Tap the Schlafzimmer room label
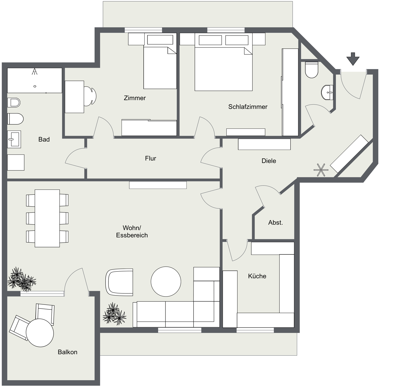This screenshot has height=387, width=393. [x=248, y=107]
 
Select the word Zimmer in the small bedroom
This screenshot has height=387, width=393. [x=135, y=98]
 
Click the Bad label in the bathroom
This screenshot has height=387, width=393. [x=44, y=139]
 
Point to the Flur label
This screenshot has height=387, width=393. [x=150, y=158]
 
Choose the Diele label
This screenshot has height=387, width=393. [x=269, y=161]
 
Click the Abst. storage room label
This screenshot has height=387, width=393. [x=275, y=223]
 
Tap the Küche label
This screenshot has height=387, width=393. [x=257, y=276]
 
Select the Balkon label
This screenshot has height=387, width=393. [x=67, y=352]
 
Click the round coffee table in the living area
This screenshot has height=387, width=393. [x=166, y=282]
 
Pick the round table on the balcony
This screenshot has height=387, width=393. [x=40, y=333]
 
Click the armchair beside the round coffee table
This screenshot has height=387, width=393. [x=119, y=282]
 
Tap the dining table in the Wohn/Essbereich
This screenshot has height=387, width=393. [x=47, y=218]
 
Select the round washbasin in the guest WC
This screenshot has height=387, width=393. [x=327, y=92]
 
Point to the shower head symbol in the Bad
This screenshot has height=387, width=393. [x=35, y=71]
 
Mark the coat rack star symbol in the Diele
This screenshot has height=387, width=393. [x=321, y=170]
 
